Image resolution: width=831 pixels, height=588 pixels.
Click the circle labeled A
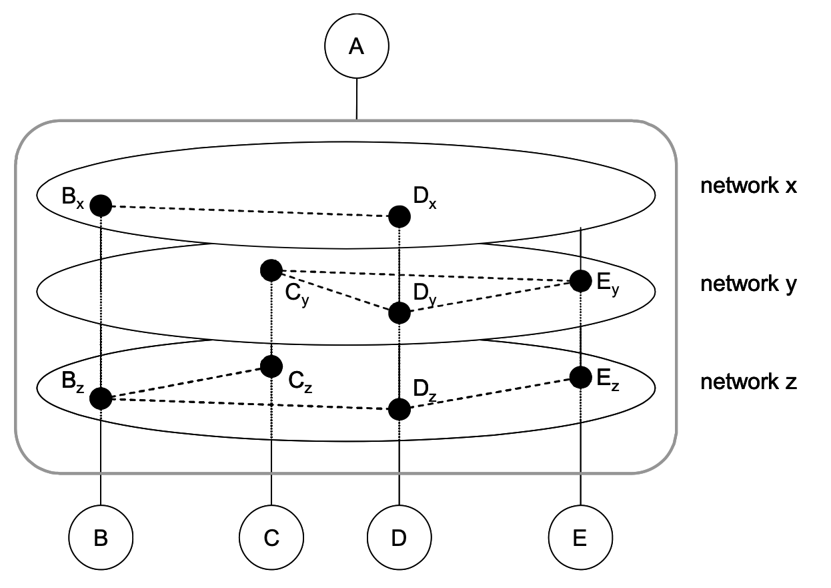(x=356, y=47)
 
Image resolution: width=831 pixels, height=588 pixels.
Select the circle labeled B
(x=101, y=538)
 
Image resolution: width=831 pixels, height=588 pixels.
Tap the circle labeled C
(x=271, y=538)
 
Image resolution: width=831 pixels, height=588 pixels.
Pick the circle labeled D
(x=399, y=538)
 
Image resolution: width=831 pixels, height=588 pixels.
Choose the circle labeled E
(x=580, y=538)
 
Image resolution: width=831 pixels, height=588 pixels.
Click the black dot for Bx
(x=101, y=206)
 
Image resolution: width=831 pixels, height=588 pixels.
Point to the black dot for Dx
(x=399, y=216)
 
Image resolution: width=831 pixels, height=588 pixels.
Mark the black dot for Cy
(x=271, y=270)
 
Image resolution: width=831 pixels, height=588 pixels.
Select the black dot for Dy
(x=399, y=312)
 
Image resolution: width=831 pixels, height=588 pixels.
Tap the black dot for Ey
(x=580, y=281)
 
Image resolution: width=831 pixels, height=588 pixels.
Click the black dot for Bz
(x=101, y=398)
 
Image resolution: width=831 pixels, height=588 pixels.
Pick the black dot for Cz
(x=271, y=366)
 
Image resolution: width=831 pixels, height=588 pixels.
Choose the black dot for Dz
(x=399, y=409)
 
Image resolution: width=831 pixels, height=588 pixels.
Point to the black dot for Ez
(x=580, y=377)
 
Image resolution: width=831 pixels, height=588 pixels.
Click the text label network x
(x=748, y=186)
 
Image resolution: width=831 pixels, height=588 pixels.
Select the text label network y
(x=748, y=284)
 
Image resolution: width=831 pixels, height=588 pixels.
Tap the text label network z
(x=748, y=382)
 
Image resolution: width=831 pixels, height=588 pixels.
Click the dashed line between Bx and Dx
(x=250, y=211)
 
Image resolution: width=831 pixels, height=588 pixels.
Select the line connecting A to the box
(x=357, y=99)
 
